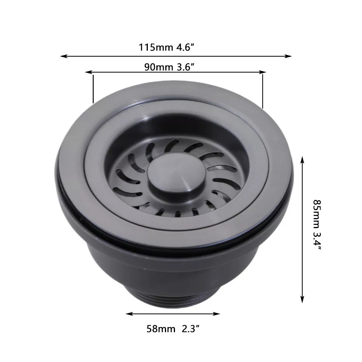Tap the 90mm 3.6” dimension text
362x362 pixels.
(x=169, y=67)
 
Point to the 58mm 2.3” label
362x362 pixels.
(x=173, y=329)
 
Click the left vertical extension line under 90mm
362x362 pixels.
(x=93, y=89)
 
